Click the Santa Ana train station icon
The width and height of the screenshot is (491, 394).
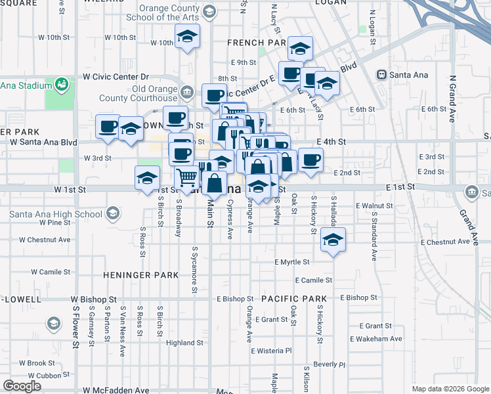tap(381, 75)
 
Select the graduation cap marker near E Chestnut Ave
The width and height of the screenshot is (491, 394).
tap(333, 240)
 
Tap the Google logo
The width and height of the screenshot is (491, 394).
tap(22, 386)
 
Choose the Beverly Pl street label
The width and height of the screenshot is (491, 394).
tap(329, 364)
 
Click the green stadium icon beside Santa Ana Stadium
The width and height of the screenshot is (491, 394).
tap(62, 84)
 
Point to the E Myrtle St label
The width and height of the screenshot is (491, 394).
tap(292, 262)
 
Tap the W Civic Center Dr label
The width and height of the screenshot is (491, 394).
tap(116, 77)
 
